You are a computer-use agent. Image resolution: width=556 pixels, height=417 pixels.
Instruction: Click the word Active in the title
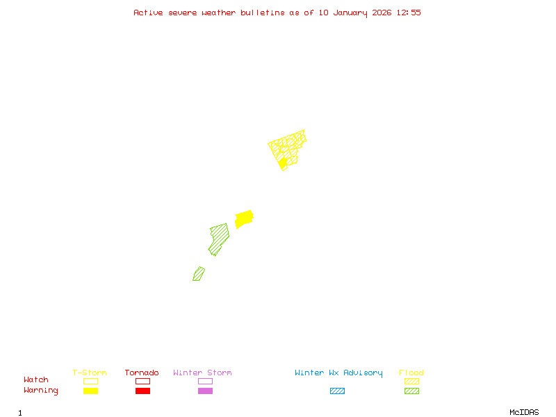coord(148,13)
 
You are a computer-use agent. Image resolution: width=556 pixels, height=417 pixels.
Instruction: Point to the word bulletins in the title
coord(262,13)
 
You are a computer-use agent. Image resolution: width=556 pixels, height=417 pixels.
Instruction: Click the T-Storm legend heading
coord(90,373)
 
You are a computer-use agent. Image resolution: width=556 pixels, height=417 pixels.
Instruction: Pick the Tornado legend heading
coord(142,373)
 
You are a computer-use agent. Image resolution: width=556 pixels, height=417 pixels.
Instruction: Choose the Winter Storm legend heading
coord(202,373)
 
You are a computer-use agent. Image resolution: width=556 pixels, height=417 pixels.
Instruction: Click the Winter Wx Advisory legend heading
coord(338,373)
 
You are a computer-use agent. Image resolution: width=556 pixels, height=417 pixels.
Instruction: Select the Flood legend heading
coord(411,373)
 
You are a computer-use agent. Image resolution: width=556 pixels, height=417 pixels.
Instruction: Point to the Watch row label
coord(36,380)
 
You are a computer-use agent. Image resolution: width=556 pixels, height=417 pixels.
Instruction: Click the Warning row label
coord(41,391)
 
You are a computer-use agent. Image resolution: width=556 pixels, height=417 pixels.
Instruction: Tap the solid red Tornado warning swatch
coord(142,391)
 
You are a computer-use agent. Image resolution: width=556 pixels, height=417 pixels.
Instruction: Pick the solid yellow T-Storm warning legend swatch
coord(90,391)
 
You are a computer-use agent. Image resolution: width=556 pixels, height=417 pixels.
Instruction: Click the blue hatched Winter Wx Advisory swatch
coord(337,391)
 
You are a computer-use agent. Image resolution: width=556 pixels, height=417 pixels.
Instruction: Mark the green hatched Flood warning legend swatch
coord(411,391)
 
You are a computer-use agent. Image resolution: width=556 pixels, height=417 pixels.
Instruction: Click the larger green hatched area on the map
coord(219,238)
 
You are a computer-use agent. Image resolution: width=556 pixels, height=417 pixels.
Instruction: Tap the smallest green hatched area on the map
coord(199,274)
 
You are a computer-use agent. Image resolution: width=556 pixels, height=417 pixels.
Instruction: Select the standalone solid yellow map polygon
coord(243,219)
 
